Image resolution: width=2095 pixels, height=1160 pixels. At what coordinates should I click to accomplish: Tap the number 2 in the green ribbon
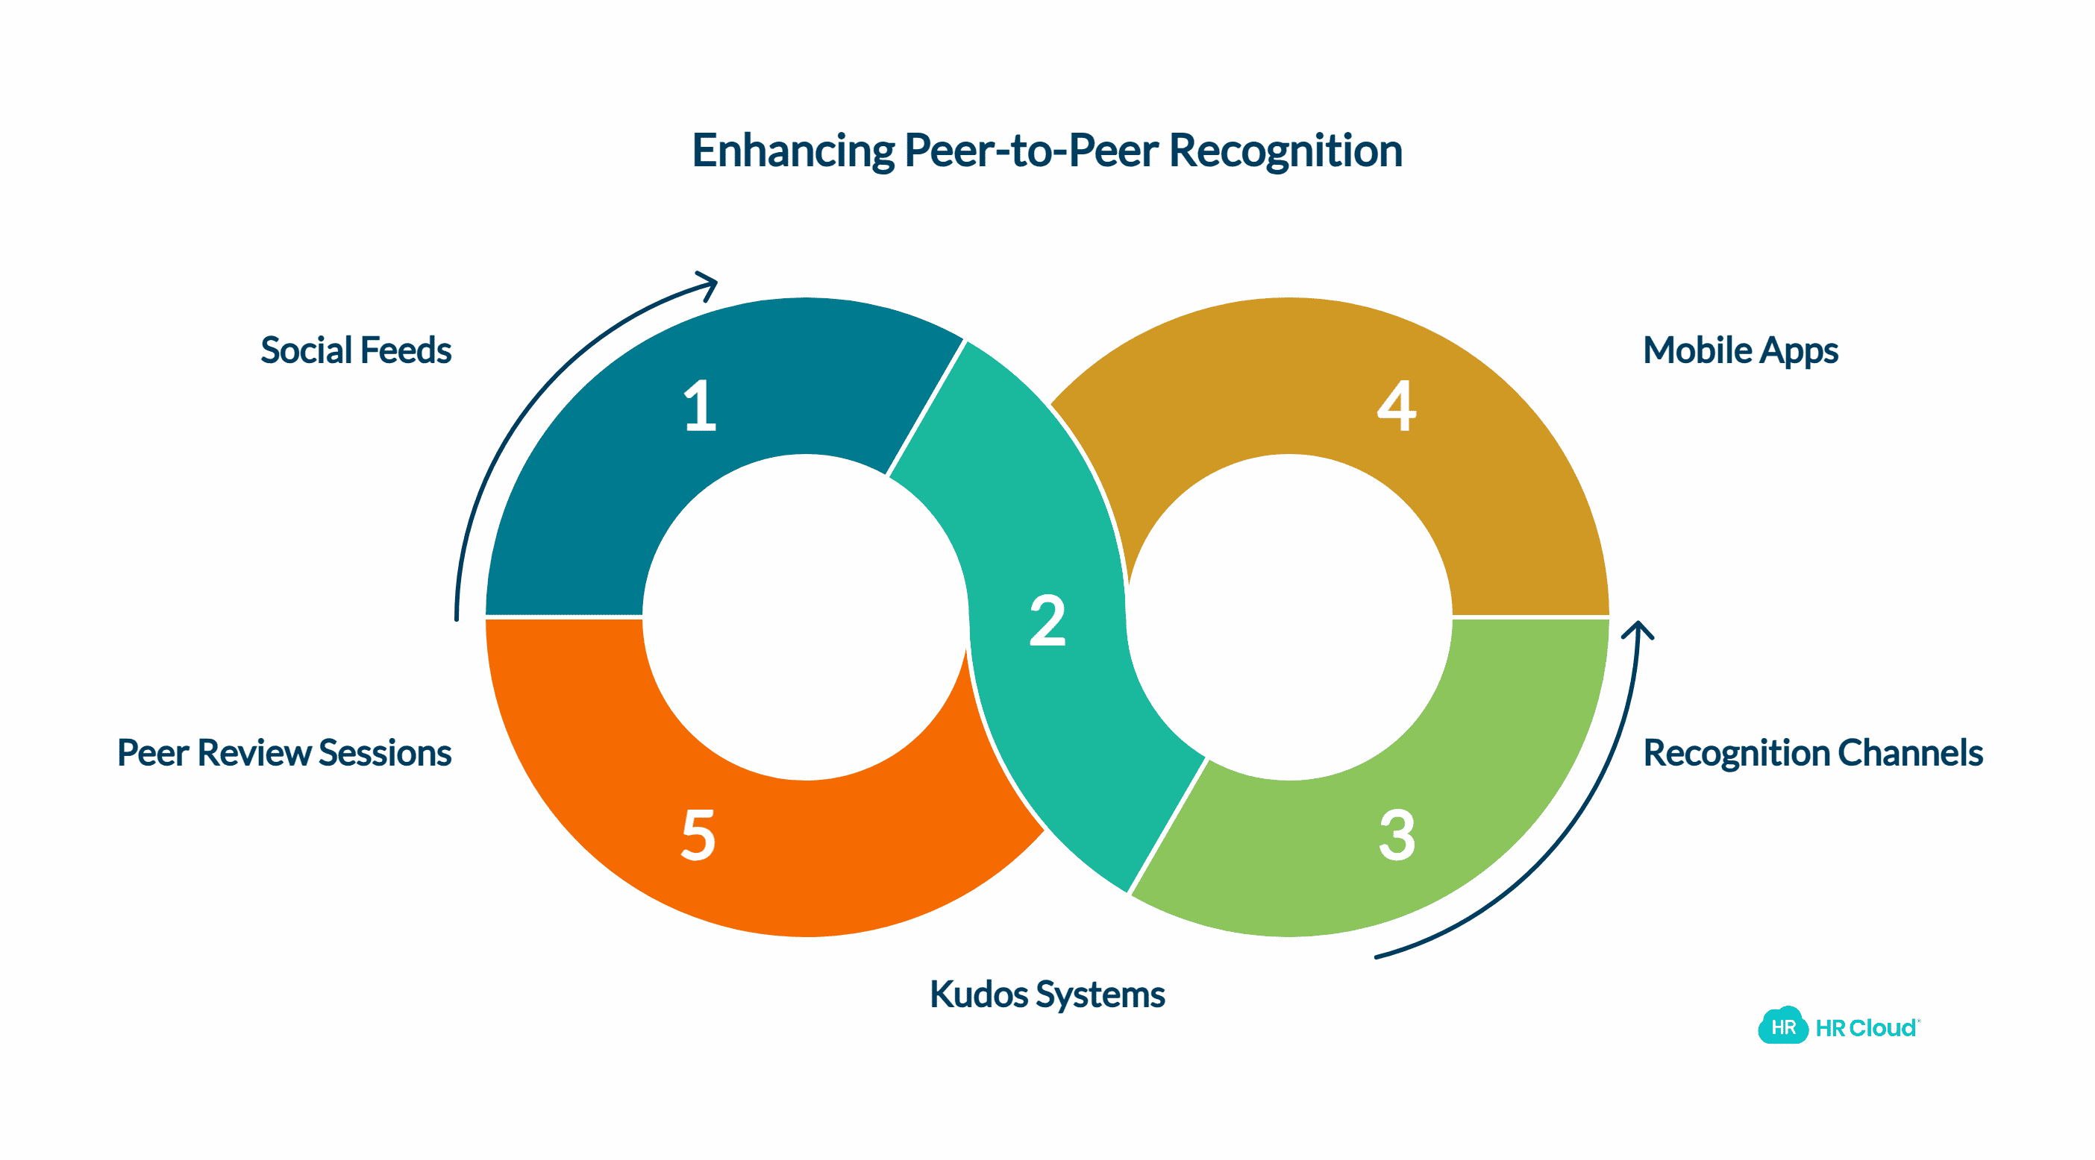tap(1047, 620)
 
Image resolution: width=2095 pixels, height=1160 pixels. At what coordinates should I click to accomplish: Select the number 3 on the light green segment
tap(1397, 835)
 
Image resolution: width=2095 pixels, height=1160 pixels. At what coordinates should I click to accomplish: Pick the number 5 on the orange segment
tap(698, 835)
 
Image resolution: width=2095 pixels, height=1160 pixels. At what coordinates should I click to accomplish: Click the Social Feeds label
tap(355, 350)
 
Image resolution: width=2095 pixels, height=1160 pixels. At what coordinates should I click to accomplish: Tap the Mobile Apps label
tap(1740, 350)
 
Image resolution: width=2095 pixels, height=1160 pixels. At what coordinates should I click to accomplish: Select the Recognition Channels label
tap(1812, 753)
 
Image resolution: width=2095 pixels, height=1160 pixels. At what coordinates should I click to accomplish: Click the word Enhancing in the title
tap(792, 151)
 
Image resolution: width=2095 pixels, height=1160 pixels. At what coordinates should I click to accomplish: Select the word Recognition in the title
tap(1285, 151)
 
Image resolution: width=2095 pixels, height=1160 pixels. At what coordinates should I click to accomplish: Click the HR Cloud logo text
tap(1866, 1028)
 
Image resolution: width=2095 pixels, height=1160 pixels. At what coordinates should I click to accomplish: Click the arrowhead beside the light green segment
tap(1638, 631)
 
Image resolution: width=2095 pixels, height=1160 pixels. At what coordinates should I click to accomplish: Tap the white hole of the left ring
tap(805, 618)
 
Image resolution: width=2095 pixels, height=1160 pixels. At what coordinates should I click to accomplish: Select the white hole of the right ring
tap(1289, 618)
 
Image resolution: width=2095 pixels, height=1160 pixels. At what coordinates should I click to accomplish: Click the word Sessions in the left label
tap(385, 753)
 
